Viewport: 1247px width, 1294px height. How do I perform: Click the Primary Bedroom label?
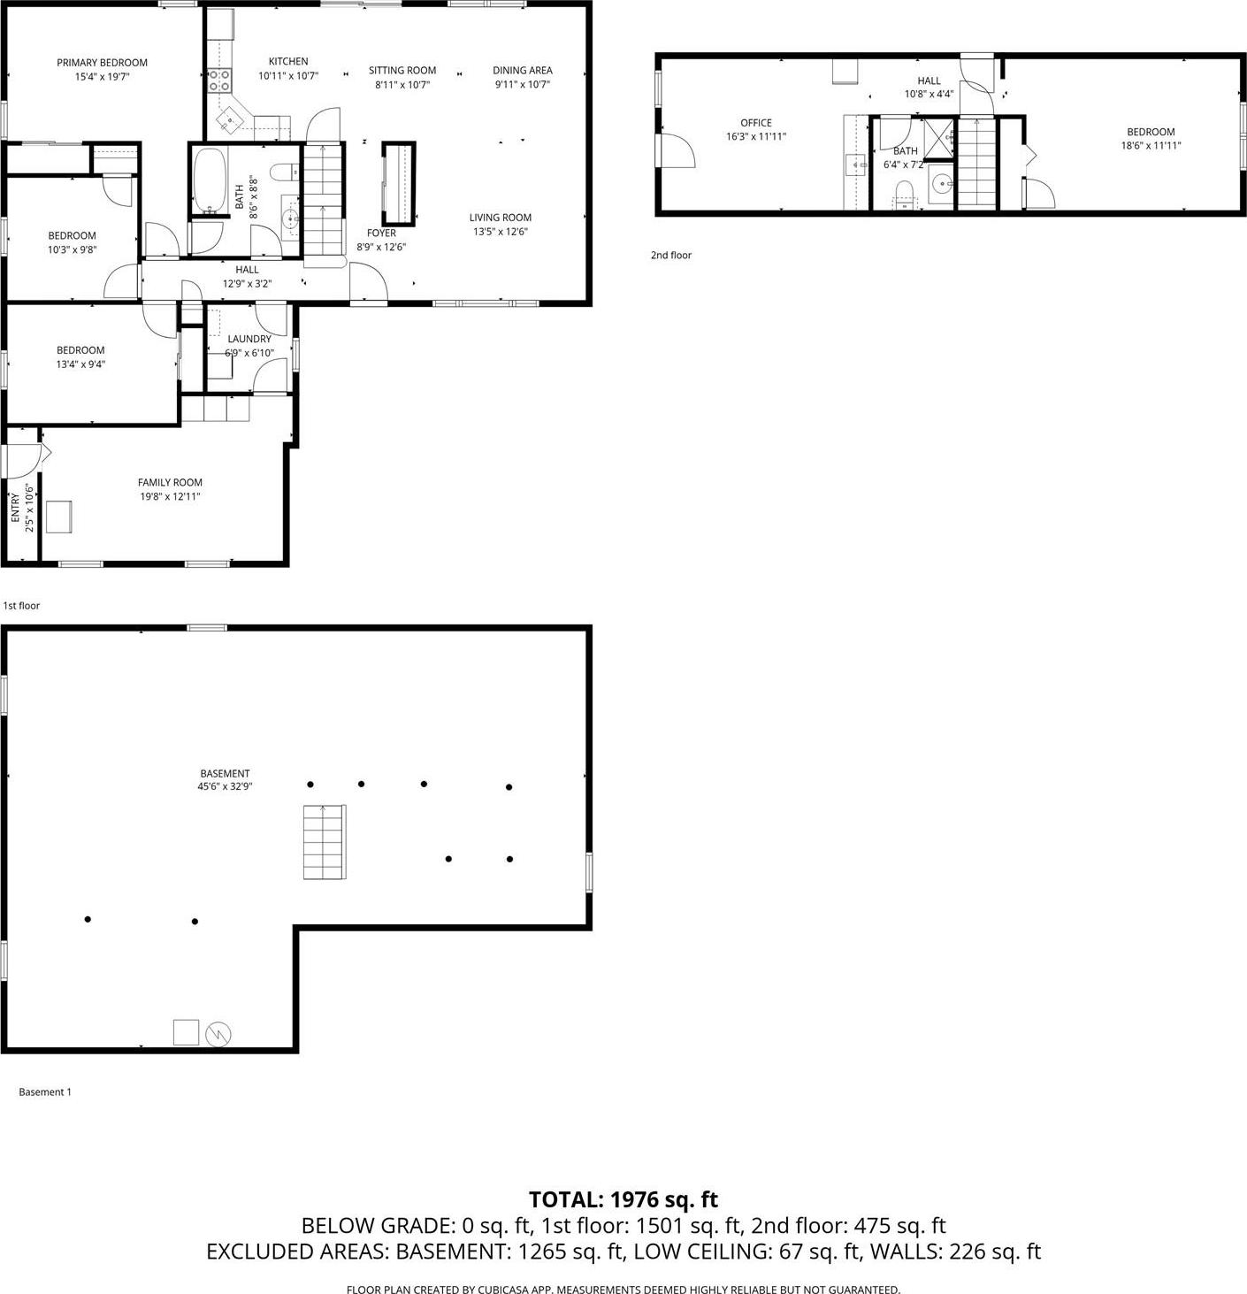coord(102,63)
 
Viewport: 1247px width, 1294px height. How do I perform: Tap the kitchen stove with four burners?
coord(219,80)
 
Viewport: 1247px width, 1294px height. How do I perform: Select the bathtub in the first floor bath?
coord(210,181)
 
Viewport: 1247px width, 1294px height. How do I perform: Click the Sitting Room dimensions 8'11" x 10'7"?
coord(402,85)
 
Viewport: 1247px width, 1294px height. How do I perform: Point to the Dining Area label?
coord(522,71)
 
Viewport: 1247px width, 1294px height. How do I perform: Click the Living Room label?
coord(500,218)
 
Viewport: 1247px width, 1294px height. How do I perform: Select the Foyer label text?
coord(381,234)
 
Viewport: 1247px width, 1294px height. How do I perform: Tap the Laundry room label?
coord(249,339)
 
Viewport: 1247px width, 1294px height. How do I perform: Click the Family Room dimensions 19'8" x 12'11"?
coord(170,496)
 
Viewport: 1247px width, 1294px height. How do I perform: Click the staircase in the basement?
coord(325,841)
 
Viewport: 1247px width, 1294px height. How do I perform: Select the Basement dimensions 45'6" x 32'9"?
coord(225,786)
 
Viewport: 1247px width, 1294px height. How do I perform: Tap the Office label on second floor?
coord(756,123)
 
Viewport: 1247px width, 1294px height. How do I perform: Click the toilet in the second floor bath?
coord(904,193)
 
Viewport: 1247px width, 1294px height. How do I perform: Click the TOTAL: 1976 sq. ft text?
coord(623,1199)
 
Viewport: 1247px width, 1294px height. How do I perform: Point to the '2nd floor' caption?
coord(671,256)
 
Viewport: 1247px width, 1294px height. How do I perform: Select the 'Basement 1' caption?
coord(45,1092)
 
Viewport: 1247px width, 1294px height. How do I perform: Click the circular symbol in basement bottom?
coord(218,1033)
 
